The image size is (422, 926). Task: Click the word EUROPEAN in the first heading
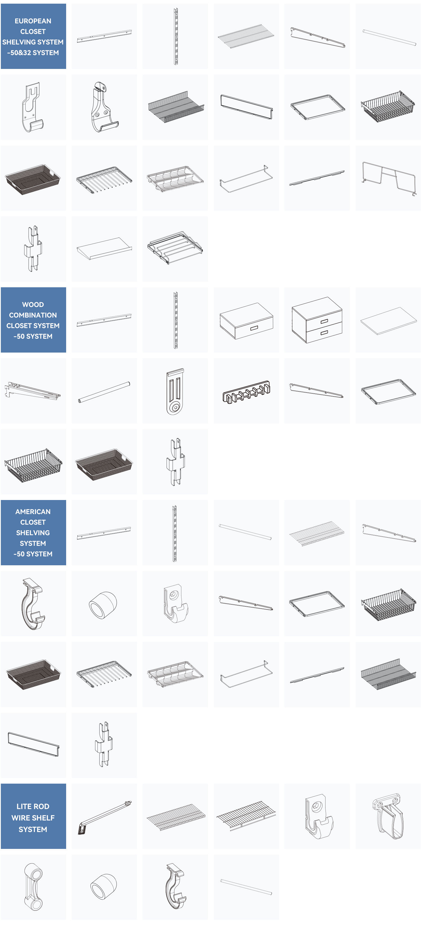[x=33, y=21]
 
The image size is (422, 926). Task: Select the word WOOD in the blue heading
[x=33, y=304]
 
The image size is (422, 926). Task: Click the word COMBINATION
[x=33, y=315]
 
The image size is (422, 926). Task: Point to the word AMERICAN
[x=33, y=512]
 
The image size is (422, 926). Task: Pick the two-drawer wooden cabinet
[x=317, y=320]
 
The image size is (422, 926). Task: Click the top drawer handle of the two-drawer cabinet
[x=324, y=321]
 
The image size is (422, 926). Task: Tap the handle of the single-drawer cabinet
[x=254, y=328]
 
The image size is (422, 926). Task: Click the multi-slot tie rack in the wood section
[x=246, y=391]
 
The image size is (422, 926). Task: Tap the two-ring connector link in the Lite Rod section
[x=33, y=887]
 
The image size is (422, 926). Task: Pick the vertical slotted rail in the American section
[x=175, y=533]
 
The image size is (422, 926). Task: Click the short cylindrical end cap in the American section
[x=104, y=604]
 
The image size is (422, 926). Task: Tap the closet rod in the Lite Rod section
[x=246, y=887]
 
